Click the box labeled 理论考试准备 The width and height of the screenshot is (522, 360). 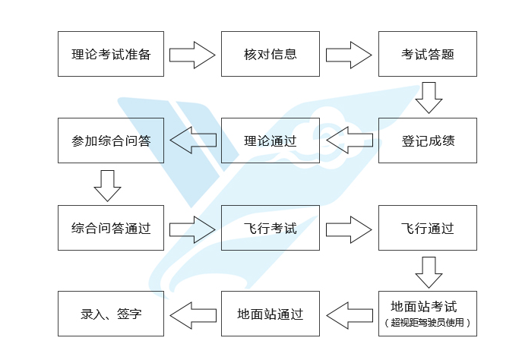111,54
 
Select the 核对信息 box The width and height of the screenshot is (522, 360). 270,54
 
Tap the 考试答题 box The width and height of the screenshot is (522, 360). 428,54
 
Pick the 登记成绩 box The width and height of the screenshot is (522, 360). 428,141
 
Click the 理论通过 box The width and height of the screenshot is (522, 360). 270,141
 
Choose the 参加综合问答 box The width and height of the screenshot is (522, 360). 111,141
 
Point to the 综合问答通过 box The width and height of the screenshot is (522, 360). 111,228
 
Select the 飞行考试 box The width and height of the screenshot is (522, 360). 270,228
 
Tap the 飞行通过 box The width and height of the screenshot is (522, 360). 428,228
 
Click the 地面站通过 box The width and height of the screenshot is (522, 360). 270,314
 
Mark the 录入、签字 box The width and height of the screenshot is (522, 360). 111,314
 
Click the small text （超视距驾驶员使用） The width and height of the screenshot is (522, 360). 428,323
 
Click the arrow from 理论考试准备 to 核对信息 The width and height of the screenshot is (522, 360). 192,55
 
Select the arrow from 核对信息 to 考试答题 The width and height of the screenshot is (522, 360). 349,55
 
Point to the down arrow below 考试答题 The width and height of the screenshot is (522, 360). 429,97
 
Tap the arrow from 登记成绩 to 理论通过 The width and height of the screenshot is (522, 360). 349,141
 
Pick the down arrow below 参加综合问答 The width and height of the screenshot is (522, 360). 107,185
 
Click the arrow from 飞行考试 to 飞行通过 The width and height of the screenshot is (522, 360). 349,228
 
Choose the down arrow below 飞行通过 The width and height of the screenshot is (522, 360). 429,271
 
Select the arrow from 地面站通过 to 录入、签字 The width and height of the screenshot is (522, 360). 192,314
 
